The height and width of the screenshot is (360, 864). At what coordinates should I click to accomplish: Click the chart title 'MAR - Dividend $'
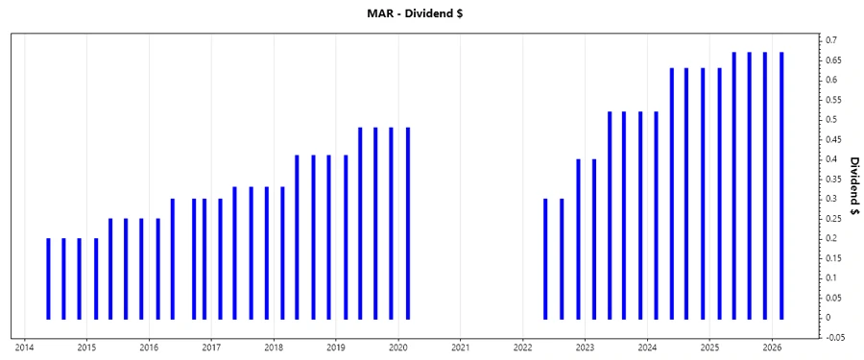pyautogui.click(x=432, y=12)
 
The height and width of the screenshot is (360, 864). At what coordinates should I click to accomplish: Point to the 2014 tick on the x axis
pyautogui.click(x=24, y=347)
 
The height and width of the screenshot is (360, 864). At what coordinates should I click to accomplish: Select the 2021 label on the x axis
pyautogui.click(x=460, y=347)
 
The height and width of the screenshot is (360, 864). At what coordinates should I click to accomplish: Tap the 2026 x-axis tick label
pyautogui.click(x=772, y=347)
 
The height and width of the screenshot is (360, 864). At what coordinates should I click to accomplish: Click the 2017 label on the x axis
pyautogui.click(x=211, y=347)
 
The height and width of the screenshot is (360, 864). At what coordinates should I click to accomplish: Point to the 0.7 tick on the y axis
pyautogui.click(x=831, y=40)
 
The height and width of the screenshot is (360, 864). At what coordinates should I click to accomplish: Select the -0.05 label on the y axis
pyautogui.click(x=834, y=337)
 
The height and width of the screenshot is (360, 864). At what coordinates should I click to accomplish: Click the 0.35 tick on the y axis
pyautogui.click(x=834, y=179)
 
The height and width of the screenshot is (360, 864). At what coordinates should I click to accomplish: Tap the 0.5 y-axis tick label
pyautogui.click(x=831, y=119)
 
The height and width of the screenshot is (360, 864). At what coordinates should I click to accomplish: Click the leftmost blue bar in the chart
pyautogui.click(x=48, y=278)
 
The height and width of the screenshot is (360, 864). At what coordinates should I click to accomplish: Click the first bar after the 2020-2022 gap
pyautogui.click(x=545, y=258)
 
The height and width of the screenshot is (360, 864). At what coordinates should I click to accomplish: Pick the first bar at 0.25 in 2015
pyautogui.click(x=109, y=268)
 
